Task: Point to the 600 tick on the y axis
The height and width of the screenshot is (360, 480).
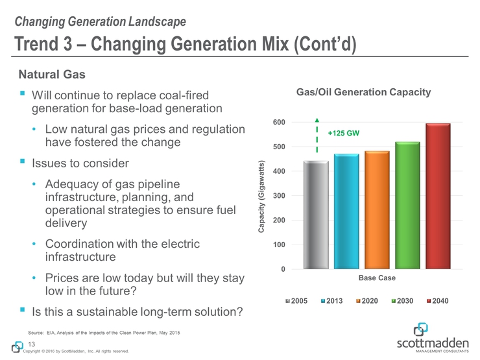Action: tap(278, 122)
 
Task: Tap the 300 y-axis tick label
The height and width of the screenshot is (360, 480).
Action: tap(278, 196)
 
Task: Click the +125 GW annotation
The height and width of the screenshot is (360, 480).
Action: tap(344, 133)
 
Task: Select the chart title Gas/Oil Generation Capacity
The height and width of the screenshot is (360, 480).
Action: tap(363, 93)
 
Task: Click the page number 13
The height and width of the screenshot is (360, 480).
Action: tap(30, 343)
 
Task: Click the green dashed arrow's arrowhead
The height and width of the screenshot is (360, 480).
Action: tap(317, 120)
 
